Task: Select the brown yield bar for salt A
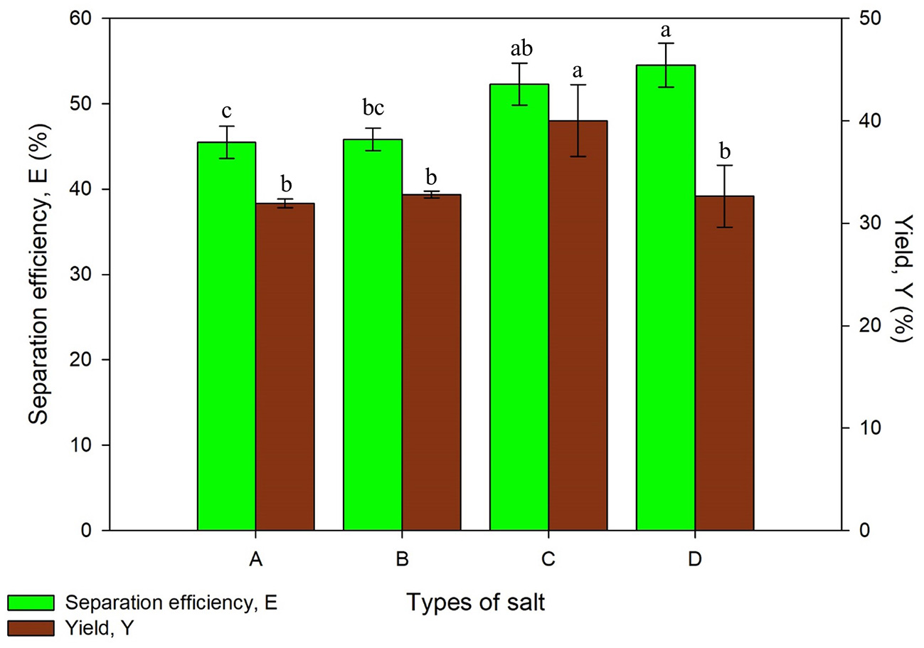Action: [x=285, y=366]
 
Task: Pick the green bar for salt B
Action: [x=373, y=334]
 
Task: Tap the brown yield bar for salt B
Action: [x=431, y=362]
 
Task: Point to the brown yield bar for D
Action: [x=724, y=363]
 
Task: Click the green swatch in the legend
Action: [x=31, y=602]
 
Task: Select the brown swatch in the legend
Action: [x=31, y=627]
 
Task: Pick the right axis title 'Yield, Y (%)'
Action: [x=902, y=274]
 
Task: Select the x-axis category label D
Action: [x=694, y=560]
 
